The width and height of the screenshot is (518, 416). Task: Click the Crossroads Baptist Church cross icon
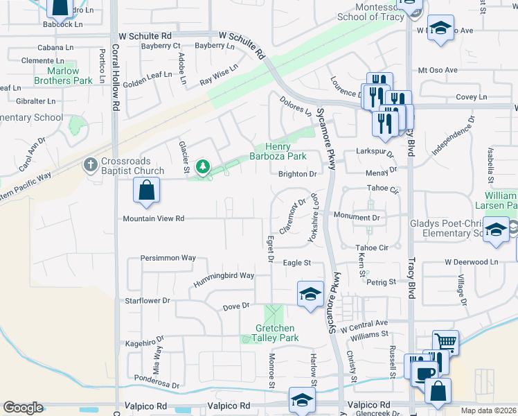coord(89,165)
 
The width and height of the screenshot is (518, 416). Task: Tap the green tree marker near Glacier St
coord(202,166)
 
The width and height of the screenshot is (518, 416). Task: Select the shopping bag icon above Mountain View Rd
coord(147,190)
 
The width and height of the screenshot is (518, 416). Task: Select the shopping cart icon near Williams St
coord(445,342)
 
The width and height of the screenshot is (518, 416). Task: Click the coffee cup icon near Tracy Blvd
coord(425,373)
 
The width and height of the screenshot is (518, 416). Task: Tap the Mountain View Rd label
coord(154,218)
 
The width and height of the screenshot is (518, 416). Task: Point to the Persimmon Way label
coord(168,258)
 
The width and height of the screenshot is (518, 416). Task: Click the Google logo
coord(23,408)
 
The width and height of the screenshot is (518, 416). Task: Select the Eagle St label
coord(297,263)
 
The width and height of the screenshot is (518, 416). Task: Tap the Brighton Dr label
coord(297,174)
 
